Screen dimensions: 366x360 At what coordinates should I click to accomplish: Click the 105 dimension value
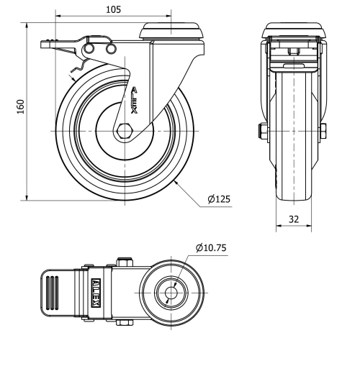click(113, 9)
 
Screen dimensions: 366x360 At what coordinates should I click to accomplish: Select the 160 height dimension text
click(21, 106)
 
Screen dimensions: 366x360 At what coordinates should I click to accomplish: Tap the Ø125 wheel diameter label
click(218, 199)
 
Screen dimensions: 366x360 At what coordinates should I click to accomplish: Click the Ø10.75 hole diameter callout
click(211, 249)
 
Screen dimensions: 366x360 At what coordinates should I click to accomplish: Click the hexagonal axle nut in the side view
click(125, 132)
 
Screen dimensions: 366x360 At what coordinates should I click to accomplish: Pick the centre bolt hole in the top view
click(172, 293)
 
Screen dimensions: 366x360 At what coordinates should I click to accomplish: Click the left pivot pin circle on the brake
click(91, 48)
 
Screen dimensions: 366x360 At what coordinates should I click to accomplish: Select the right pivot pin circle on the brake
click(110, 48)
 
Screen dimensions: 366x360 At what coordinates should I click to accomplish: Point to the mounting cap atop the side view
click(171, 29)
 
